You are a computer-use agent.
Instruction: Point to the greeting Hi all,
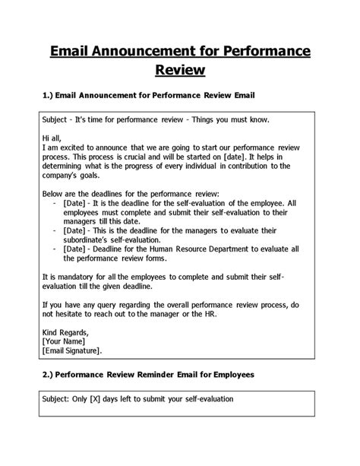(x=55, y=138)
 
